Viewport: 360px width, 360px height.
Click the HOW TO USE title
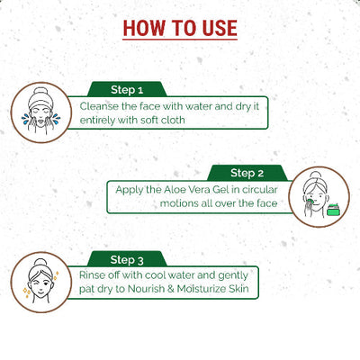(180, 27)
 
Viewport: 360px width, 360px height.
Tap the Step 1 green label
(127, 90)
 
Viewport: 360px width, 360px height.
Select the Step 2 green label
(247, 172)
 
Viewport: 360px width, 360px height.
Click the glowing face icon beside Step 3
(40, 277)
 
